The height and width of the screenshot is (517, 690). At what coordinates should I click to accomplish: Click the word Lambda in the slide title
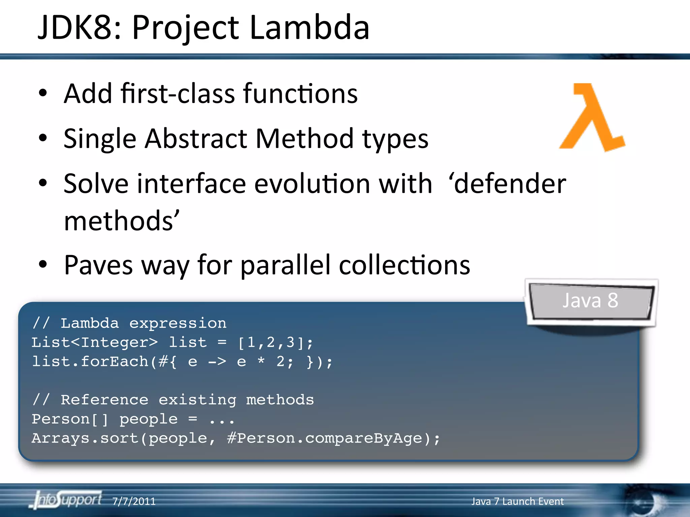[x=309, y=28]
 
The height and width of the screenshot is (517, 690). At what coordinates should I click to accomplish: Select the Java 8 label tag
[x=590, y=301]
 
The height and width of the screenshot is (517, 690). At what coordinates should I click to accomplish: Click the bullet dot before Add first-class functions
[x=43, y=93]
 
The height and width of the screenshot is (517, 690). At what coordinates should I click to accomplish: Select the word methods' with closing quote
[x=121, y=221]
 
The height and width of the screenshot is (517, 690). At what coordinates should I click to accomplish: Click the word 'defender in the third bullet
[x=507, y=184]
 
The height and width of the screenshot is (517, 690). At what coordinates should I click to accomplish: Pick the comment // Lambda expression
[x=129, y=323]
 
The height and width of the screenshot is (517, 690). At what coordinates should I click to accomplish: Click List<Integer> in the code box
[x=94, y=343]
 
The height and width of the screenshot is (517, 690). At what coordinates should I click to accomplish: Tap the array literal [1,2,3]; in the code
[x=275, y=343]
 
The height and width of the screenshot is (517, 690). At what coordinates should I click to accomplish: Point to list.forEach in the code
[x=90, y=362]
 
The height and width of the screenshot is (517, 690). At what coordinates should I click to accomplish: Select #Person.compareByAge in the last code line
[x=324, y=439]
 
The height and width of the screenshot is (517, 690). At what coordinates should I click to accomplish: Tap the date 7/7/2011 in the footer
[x=134, y=501]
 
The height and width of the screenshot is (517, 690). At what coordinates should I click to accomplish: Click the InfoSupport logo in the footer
[x=67, y=500]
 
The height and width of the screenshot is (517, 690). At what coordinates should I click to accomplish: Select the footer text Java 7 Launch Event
[x=517, y=501]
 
